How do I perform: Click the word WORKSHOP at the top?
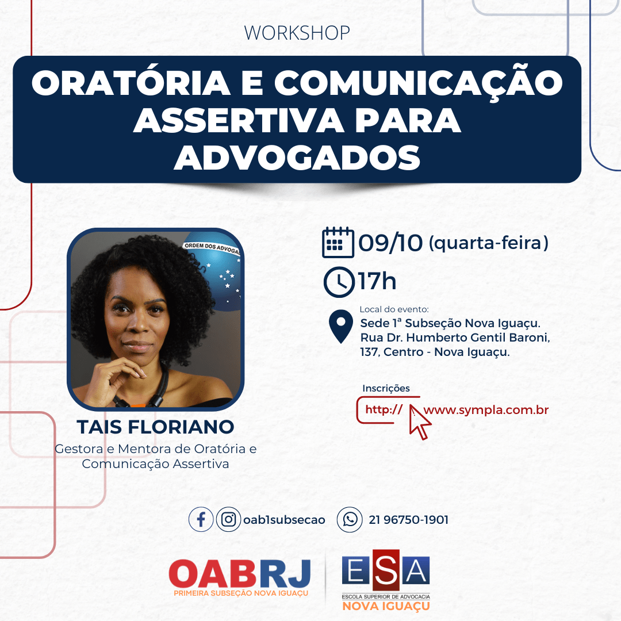tap(297, 33)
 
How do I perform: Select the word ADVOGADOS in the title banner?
tap(297, 158)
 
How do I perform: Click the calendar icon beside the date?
tap(338, 243)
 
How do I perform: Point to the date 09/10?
tap(390, 243)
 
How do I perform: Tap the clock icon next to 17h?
tap(339, 282)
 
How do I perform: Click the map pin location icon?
tap(341, 327)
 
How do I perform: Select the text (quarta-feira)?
tap(489, 243)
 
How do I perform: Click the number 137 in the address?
tap(369, 352)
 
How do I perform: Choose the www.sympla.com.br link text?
tap(486, 410)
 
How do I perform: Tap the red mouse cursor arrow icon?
tap(419, 422)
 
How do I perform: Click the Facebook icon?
tap(201, 519)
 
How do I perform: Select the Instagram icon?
tap(228, 519)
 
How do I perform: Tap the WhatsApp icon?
tap(350, 519)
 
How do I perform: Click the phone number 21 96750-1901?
tap(408, 520)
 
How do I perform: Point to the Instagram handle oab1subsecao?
tap(284, 520)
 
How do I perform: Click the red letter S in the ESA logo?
tap(386, 570)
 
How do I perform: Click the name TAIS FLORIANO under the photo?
tap(155, 427)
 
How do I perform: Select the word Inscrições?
tap(386, 388)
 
